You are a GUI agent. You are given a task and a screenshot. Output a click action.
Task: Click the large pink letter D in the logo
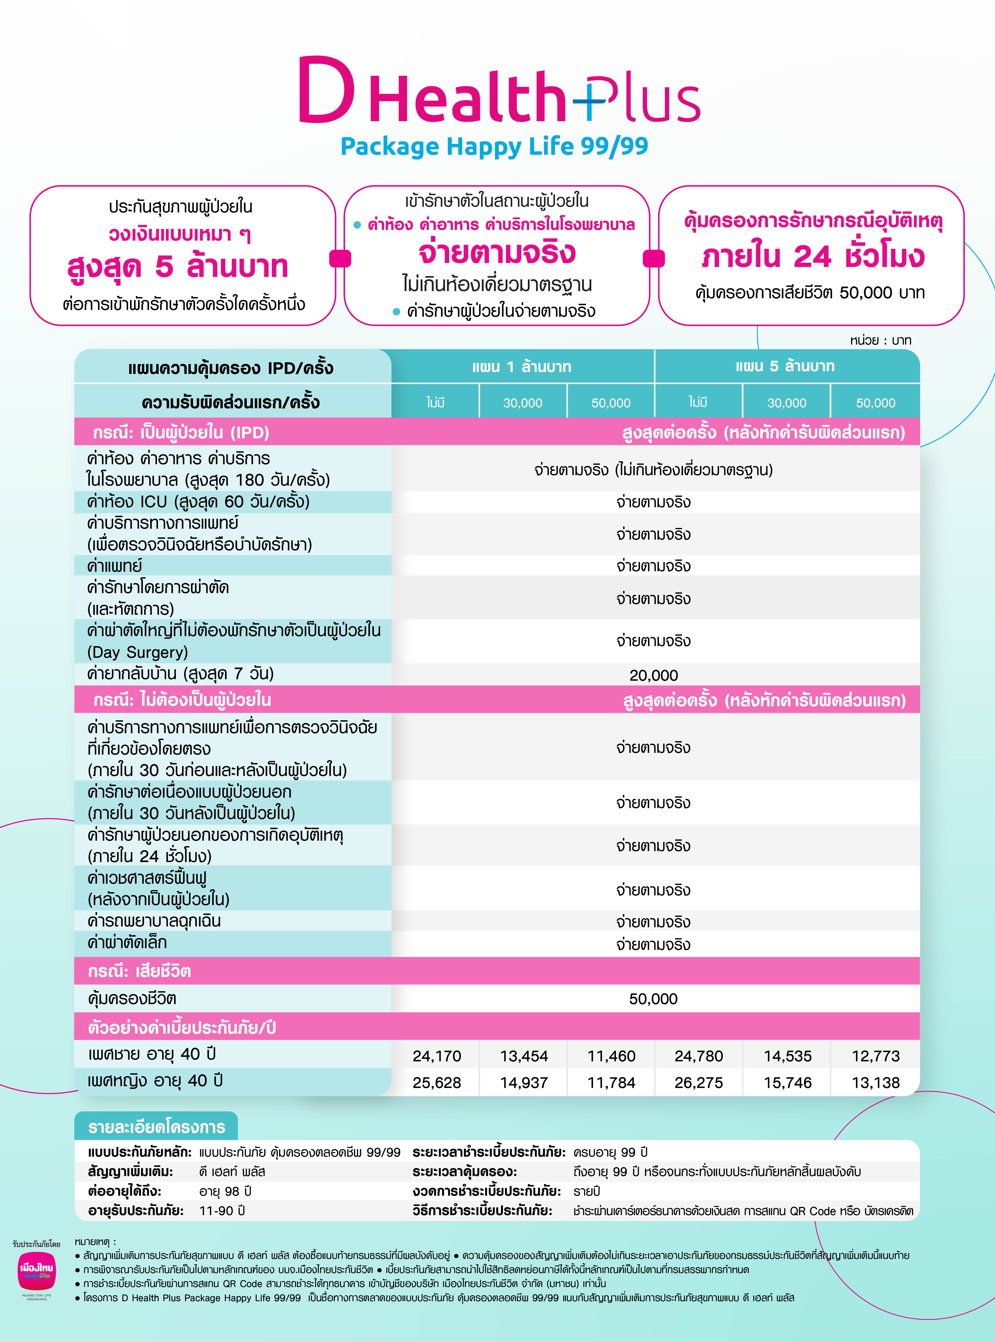(x=326, y=90)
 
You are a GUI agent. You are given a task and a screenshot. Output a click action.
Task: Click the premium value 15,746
(x=787, y=1083)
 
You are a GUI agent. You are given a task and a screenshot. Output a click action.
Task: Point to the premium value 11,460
(x=611, y=1056)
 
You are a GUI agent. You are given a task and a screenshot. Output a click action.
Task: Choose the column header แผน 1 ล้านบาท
(x=522, y=366)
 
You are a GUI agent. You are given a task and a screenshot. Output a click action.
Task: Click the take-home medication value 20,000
(x=653, y=675)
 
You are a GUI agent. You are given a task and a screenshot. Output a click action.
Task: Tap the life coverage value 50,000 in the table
(x=653, y=999)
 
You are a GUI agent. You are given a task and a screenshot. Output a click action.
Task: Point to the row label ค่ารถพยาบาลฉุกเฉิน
(x=154, y=921)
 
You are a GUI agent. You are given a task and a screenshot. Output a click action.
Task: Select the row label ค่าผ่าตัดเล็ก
(x=127, y=943)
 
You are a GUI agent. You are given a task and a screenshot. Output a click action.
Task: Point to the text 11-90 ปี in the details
(x=222, y=1211)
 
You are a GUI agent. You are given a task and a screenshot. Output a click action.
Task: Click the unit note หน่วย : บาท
(x=881, y=340)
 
